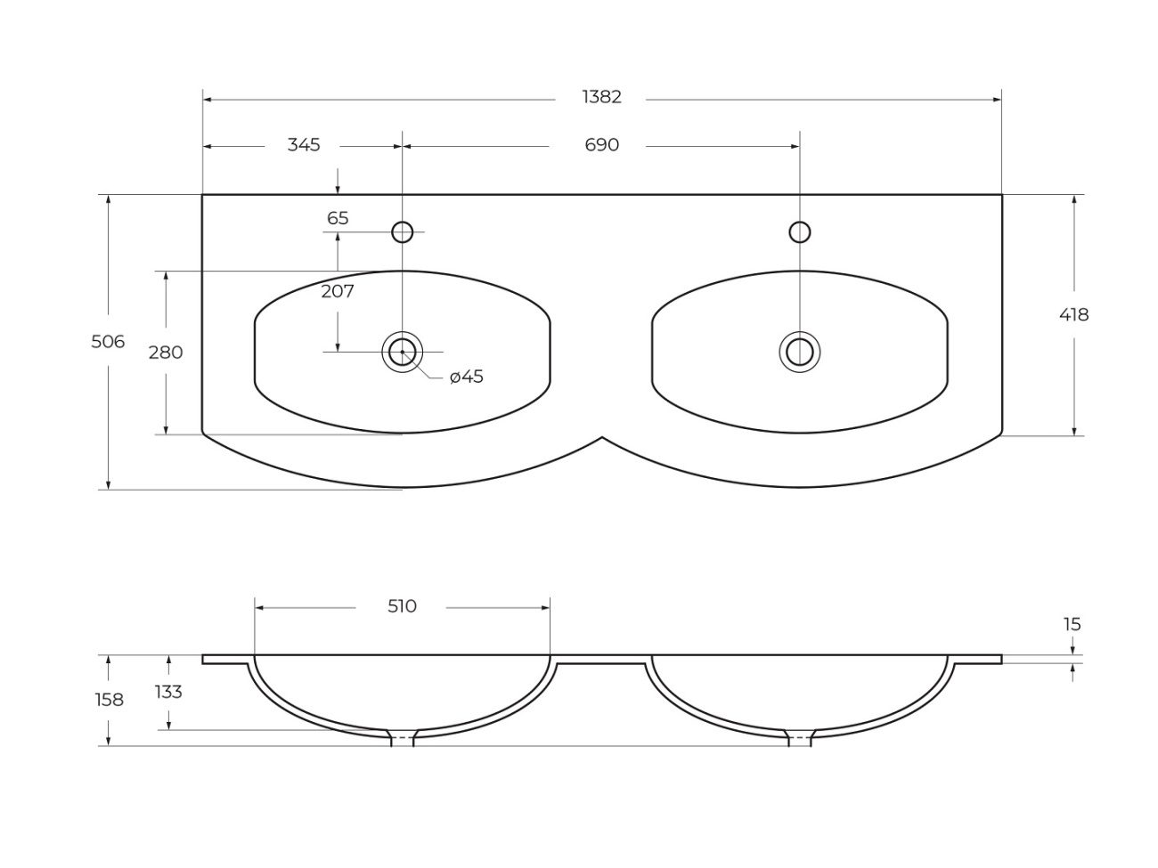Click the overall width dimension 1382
(601, 97)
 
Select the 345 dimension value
(304, 144)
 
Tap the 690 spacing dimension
(601, 144)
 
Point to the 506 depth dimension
(108, 342)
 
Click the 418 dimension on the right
(1073, 314)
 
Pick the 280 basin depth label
(166, 352)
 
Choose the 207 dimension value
(338, 291)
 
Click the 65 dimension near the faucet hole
(338, 217)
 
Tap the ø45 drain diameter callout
(467, 377)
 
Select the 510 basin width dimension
(402, 606)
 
